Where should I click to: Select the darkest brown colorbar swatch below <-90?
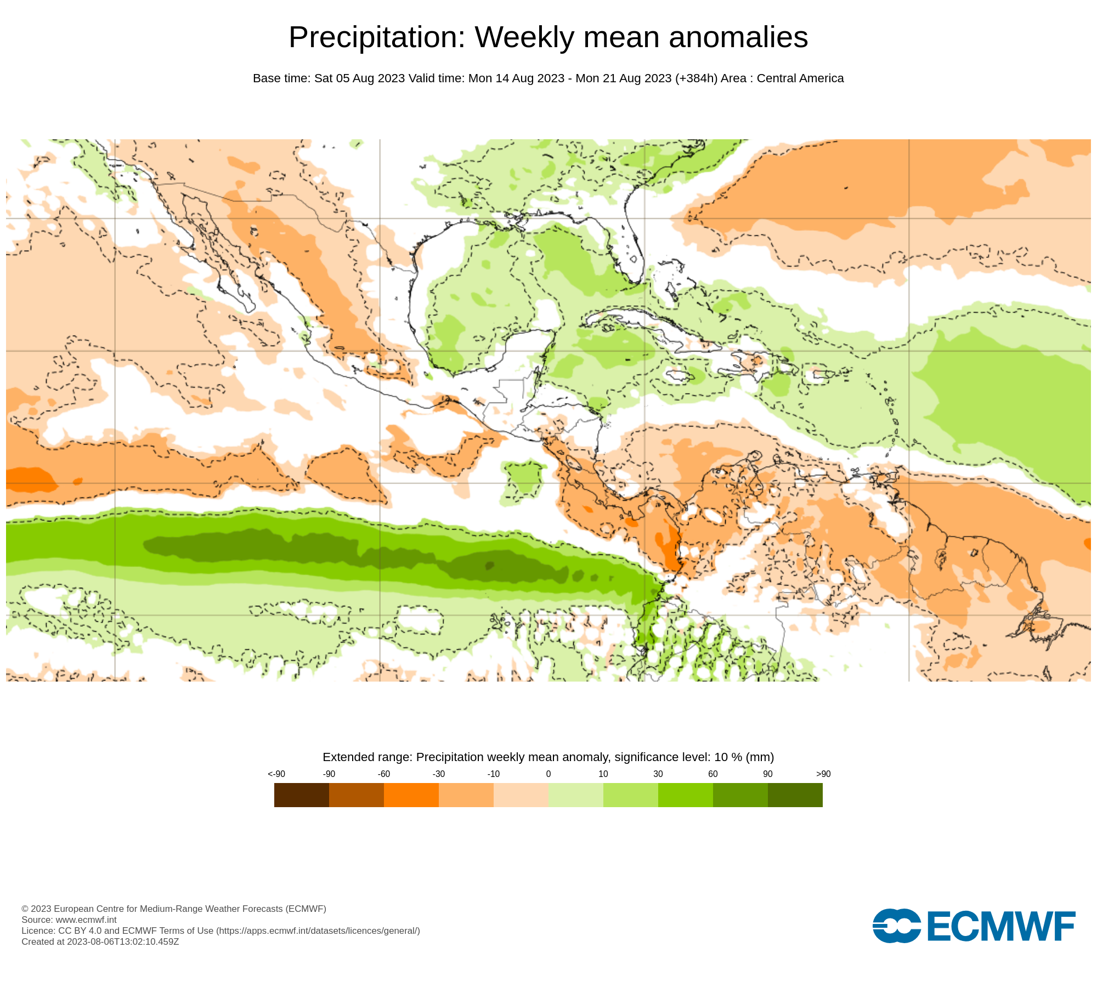301,795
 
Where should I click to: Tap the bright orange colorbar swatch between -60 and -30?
411,795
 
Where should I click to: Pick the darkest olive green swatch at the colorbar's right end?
795,795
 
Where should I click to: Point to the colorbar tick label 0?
548,774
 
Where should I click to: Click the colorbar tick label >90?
823,774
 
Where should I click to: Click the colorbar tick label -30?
438,774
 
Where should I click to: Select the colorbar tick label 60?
713,774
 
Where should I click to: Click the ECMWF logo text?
1001,926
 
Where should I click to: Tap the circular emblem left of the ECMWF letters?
896,926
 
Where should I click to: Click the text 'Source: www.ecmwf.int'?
69,920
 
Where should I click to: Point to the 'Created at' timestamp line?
100,941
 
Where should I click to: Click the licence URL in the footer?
318,931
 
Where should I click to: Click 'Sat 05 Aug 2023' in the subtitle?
359,78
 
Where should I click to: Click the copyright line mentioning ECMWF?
174,909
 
